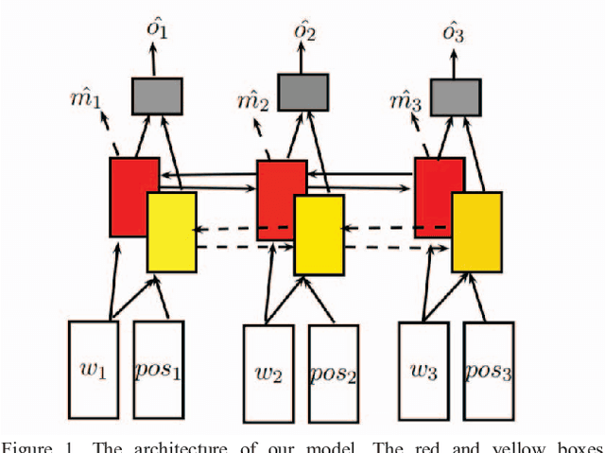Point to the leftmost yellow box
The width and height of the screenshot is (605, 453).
(171, 232)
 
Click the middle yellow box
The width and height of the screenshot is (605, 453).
(319, 235)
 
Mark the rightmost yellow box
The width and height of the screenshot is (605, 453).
(476, 231)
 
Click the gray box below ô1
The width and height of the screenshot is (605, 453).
(157, 96)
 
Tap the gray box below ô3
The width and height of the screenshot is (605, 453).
(455, 96)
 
